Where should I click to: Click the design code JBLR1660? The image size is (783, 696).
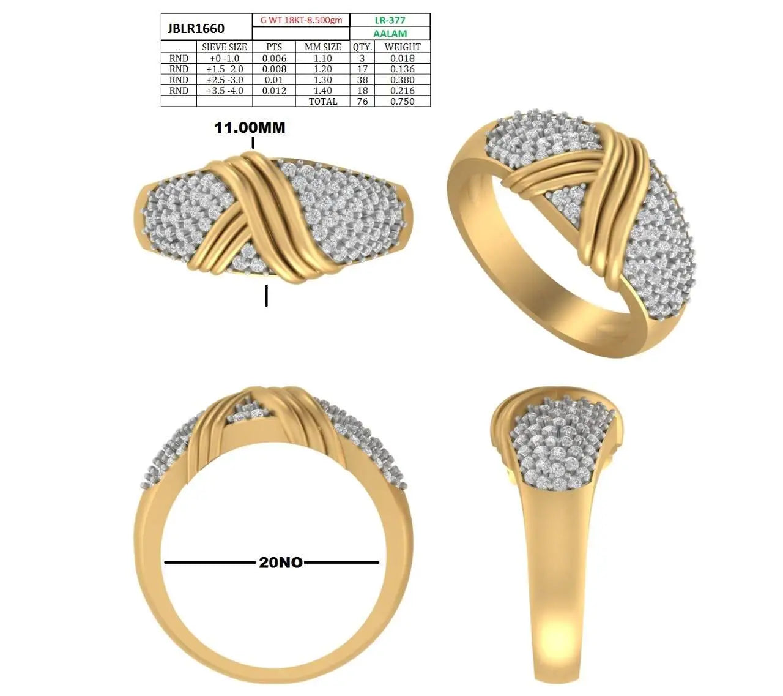pos(196,29)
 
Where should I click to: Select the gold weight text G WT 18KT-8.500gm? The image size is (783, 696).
pos(301,20)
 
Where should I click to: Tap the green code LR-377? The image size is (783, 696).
pos(390,20)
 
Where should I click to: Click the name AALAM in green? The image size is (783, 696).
pos(390,33)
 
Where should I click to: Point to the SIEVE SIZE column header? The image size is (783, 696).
pos(224,47)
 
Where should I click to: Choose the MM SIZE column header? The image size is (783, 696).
pos(323,47)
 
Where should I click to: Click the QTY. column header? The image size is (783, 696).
pos(362,47)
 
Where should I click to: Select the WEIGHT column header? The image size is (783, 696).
pos(403,47)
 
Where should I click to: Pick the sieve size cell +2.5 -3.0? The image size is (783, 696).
pos(225,80)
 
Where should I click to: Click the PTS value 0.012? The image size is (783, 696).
pos(274,91)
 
